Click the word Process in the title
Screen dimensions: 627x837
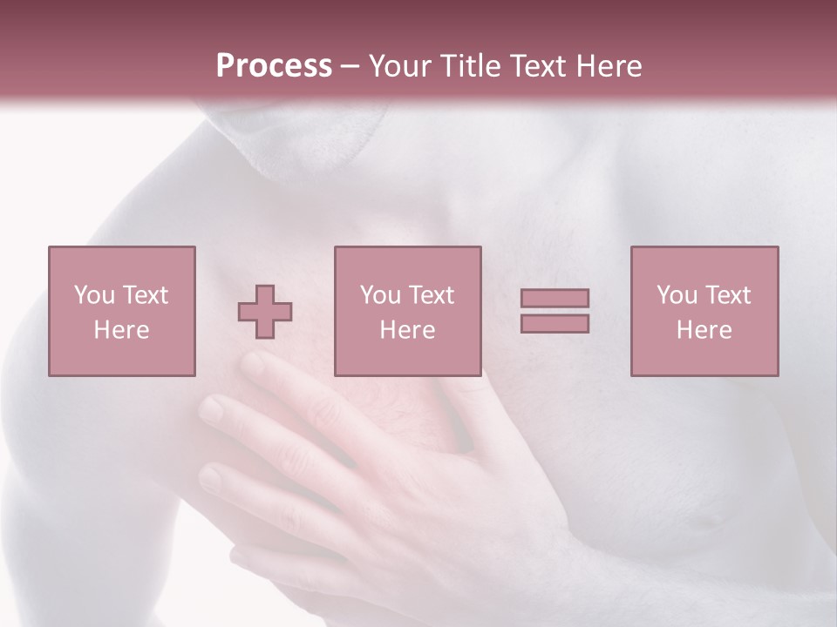click(x=274, y=66)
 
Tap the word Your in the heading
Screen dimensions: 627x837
click(x=402, y=66)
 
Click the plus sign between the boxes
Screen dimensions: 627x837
click(x=265, y=312)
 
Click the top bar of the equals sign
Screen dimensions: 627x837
click(x=555, y=298)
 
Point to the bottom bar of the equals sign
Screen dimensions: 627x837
click(x=555, y=324)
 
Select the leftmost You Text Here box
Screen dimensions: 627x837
click(x=121, y=311)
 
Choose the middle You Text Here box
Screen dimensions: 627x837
click(x=407, y=311)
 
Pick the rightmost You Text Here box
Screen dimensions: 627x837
click(x=704, y=311)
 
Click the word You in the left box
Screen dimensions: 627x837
click(x=94, y=295)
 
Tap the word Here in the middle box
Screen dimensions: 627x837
click(x=407, y=330)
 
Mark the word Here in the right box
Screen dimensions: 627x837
click(x=704, y=330)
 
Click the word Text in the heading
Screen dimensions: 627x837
click(x=537, y=66)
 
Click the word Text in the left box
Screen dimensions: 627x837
click(x=146, y=295)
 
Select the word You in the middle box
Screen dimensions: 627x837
click(x=380, y=295)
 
